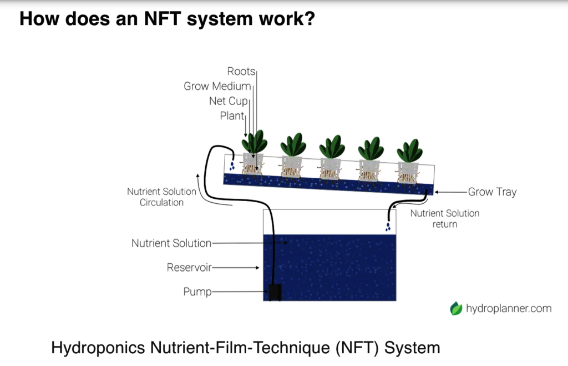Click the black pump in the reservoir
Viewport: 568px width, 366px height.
(x=275, y=292)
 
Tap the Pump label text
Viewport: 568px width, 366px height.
(x=197, y=292)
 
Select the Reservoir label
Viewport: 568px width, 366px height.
(x=189, y=267)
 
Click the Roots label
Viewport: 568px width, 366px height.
(x=241, y=71)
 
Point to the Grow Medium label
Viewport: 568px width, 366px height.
(x=217, y=86)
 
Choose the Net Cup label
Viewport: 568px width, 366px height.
(x=229, y=101)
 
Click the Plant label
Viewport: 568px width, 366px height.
(x=232, y=116)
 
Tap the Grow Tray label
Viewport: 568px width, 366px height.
(x=493, y=192)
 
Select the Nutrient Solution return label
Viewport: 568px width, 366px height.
(x=445, y=219)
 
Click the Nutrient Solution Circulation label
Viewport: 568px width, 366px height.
(x=161, y=197)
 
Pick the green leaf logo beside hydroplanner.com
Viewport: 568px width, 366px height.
(x=456, y=309)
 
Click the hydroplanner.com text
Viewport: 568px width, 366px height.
(x=509, y=309)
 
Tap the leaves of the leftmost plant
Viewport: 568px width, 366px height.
(x=255, y=142)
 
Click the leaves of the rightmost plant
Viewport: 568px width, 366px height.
(x=410, y=151)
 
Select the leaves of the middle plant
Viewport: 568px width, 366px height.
(x=332, y=147)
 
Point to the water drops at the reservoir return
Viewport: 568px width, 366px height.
(x=388, y=227)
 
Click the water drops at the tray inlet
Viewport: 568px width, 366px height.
(x=232, y=166)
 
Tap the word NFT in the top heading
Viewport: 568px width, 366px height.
(x=163, y=18)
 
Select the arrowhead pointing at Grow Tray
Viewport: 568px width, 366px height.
(x=437, y=192)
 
